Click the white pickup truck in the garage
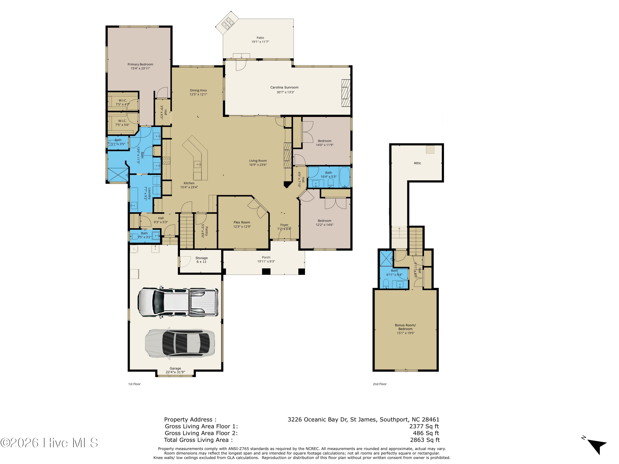(x=178, y=302)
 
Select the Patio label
(x=260, y=38)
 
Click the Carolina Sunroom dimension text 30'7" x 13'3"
(x=285, y=92)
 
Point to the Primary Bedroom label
(x=140, y=64)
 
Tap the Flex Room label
(x=242, y=222)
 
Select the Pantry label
(x=207, y=231)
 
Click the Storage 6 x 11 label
(x=201, y=260)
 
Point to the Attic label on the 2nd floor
(x=417, y=163)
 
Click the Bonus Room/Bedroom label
(x=405, y=327)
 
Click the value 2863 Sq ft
(x=425, y=440)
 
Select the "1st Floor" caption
(x=134, y=384)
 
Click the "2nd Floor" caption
(x=379, y=384)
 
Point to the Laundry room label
(x=149, y=193)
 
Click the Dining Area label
(x=198, y=90)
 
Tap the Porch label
(x=266, y=257)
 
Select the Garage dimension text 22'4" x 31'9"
(x=175, y=372)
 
